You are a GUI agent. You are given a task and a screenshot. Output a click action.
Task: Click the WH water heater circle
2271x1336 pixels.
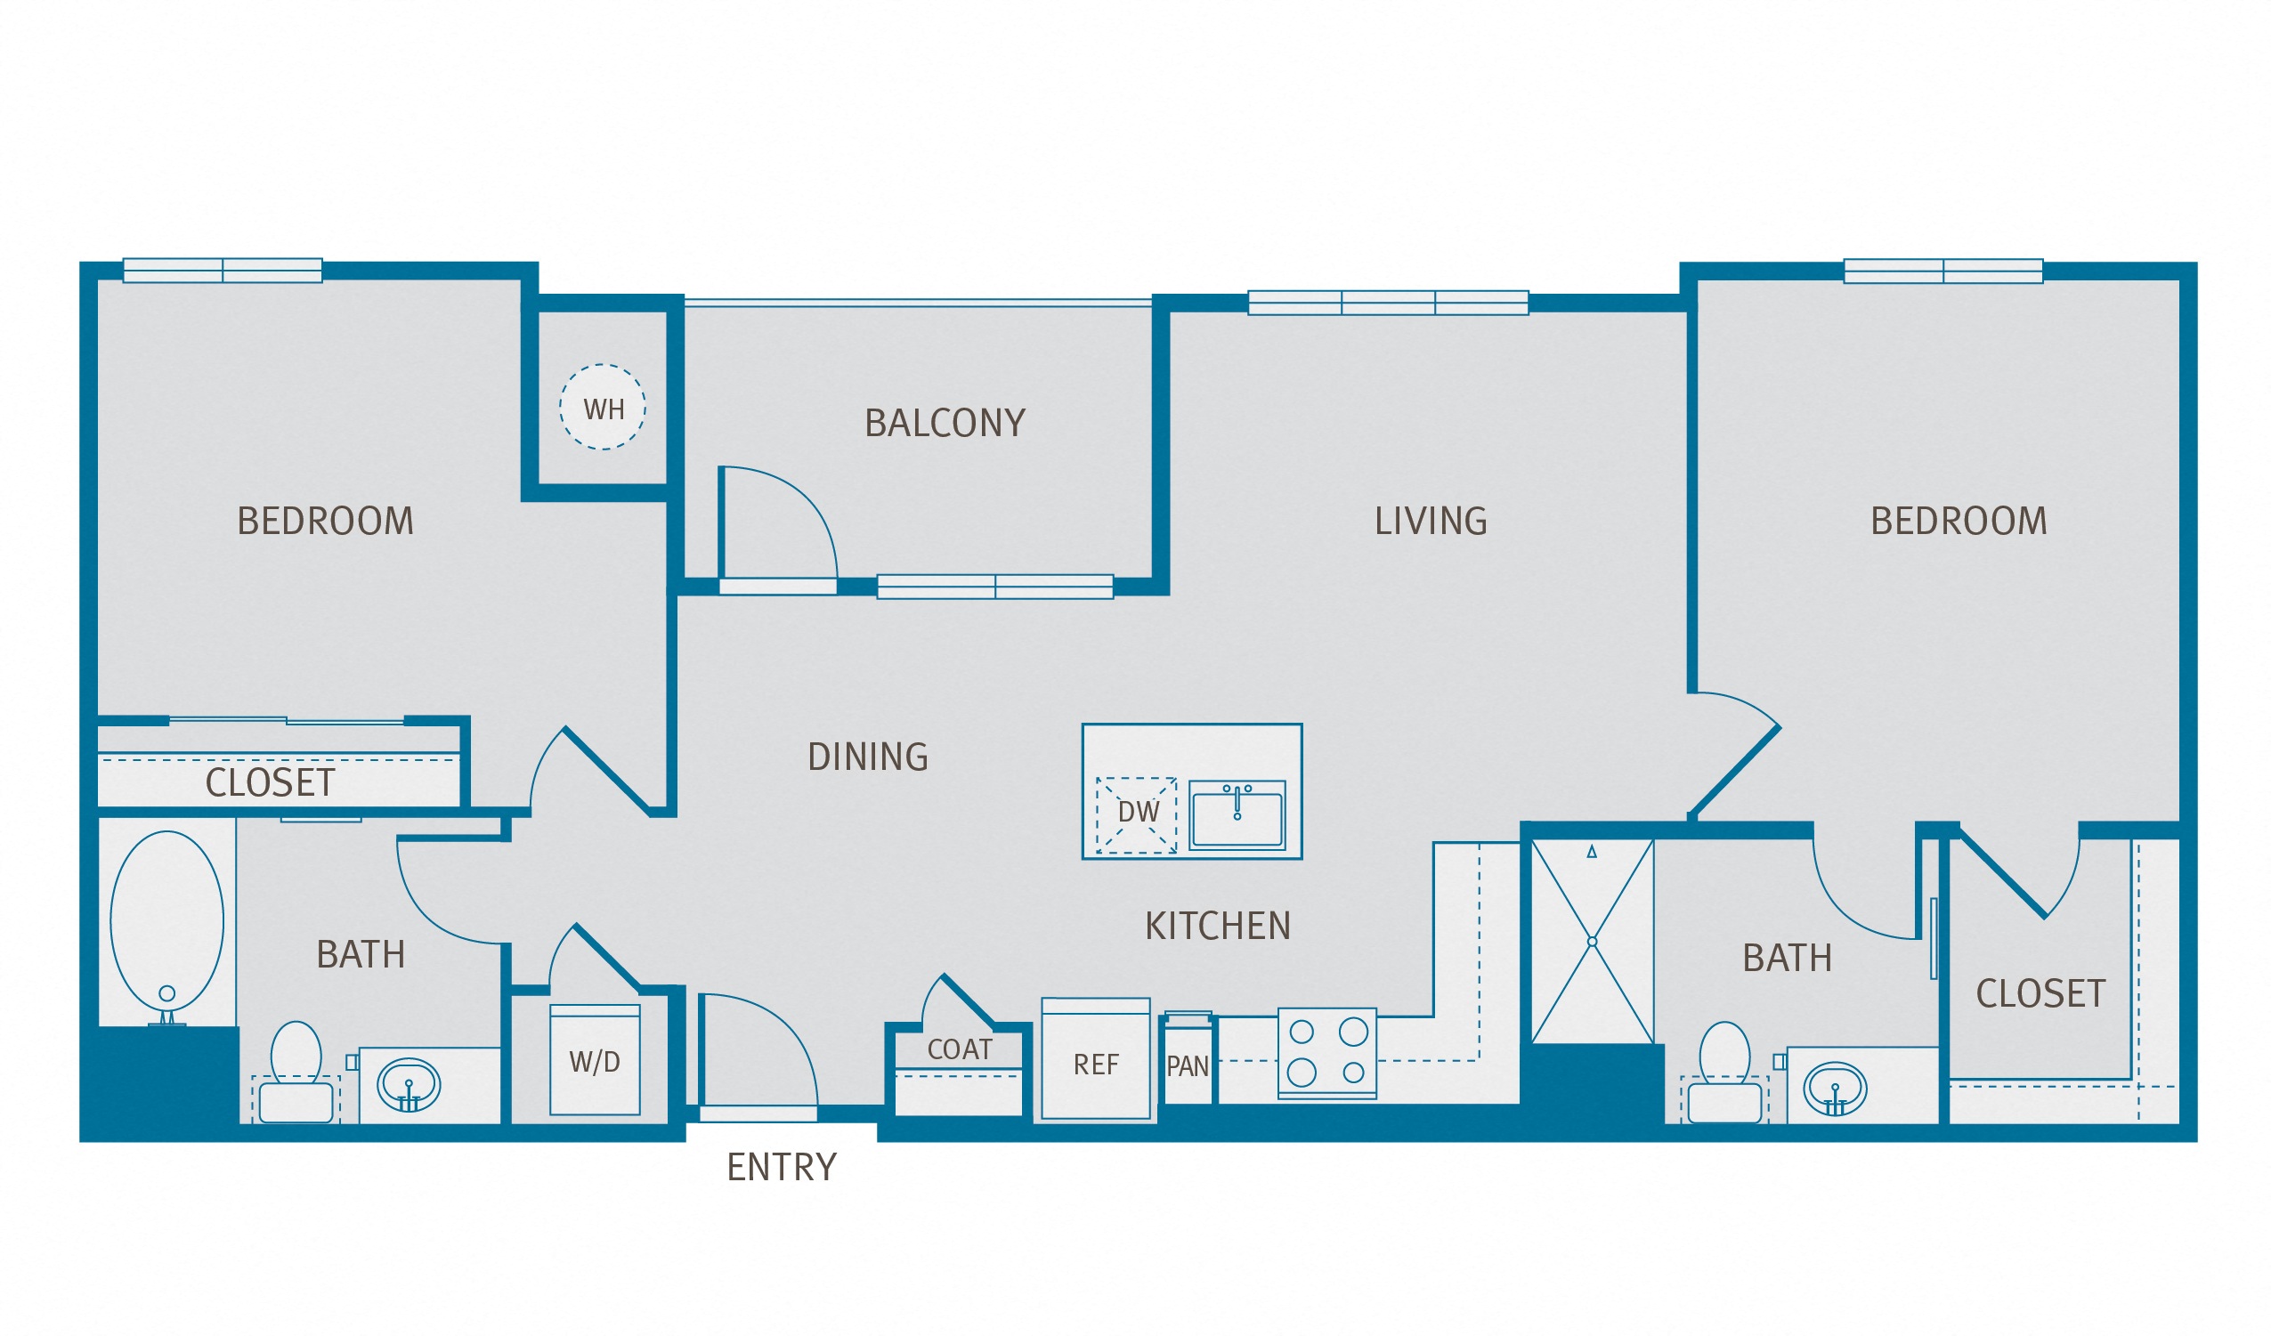point(602,407)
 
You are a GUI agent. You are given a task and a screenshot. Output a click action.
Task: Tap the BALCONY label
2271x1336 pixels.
point(945,424)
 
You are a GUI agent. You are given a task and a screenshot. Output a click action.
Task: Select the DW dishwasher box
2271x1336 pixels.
point(1137,814)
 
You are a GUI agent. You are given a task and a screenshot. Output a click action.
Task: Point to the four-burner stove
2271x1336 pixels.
point(1326,1052)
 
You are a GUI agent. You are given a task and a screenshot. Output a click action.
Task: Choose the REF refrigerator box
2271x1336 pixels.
point(1095,1059)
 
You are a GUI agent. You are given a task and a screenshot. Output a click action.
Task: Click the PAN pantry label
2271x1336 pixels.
point(1187,1066)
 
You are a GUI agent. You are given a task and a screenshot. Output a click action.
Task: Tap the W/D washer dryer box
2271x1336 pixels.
point(595,1060)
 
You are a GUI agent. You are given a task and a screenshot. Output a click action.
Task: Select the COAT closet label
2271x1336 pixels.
point(959,1049)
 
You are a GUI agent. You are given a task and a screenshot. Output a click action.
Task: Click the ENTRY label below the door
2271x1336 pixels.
point(782,1168)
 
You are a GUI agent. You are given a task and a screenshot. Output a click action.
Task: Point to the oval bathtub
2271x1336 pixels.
point(166,920)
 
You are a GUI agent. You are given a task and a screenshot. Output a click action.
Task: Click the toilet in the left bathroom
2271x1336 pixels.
point(296,1072)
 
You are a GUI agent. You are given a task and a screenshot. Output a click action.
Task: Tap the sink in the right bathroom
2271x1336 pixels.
point(1834,1089)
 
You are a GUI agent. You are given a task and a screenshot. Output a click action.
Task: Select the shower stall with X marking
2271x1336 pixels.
point(1592,942)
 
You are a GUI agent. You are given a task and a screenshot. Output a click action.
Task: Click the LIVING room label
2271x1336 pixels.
point(1431,521)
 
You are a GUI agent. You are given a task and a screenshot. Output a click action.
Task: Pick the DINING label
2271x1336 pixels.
point(867,757)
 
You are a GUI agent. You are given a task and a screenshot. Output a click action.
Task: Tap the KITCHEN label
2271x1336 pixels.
point(1218,926)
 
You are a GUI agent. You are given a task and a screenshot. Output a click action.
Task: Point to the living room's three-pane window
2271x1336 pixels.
point(1387,303)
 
